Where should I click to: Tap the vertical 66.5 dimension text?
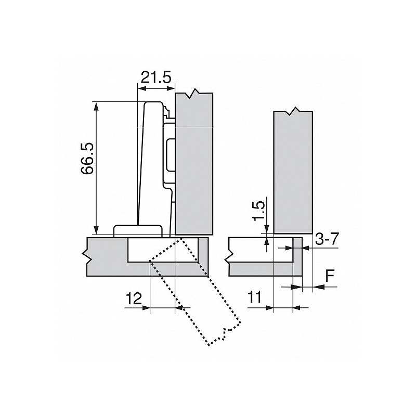87,165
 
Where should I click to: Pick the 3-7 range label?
327,240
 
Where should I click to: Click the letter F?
330,276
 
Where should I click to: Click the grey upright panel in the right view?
292,172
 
